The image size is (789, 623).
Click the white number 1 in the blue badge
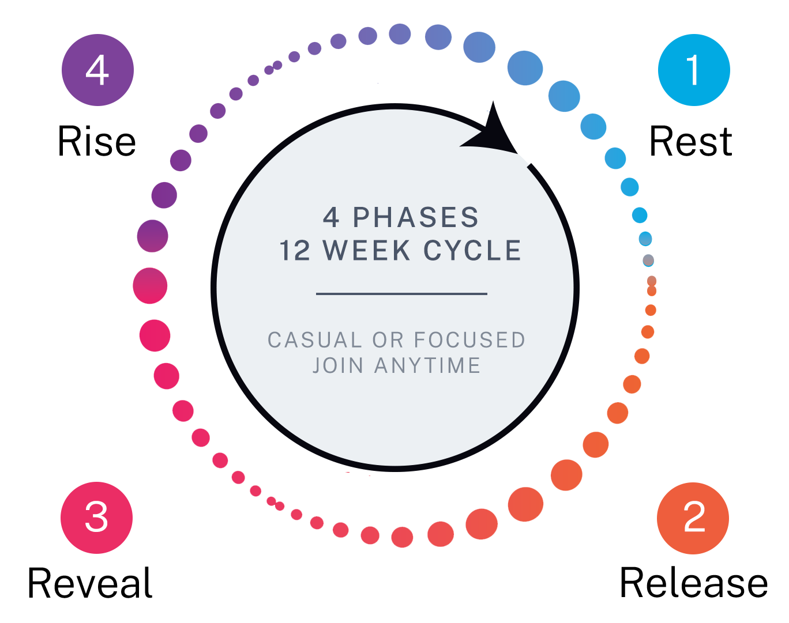(693, 70)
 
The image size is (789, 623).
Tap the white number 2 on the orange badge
(694, 517)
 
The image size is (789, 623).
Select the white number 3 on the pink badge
(96, 517)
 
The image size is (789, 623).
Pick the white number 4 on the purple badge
(97, 70)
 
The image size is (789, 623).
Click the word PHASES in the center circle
(416, 218)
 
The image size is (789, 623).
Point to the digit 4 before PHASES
(331, 218)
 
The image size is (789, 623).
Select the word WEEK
(367, 251)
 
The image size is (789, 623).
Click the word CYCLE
(472, 251)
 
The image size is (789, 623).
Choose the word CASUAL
(315, 340)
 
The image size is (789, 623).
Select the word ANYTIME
(427, 365)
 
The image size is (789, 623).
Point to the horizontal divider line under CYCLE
(401, 294)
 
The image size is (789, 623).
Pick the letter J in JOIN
(317, 365)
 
